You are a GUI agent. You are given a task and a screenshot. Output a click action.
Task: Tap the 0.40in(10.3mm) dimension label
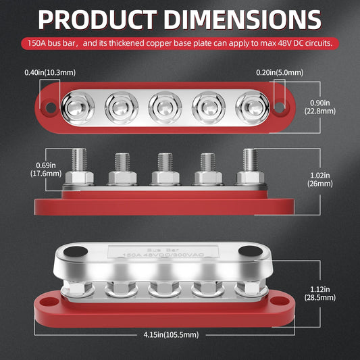tap(49, 72)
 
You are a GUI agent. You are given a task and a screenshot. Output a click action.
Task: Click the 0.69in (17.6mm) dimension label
tap(23, 168)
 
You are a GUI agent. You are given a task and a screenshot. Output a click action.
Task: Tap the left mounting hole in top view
tap(48, 107)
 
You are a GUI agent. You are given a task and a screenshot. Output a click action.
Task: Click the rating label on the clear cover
tap(163, 253)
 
